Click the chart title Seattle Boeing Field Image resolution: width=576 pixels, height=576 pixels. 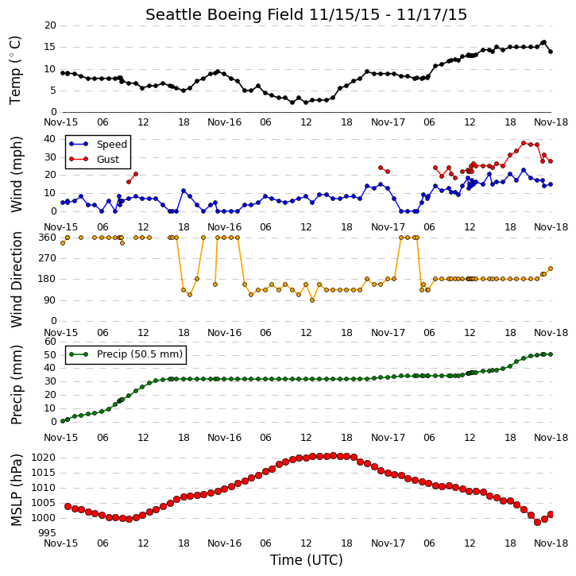(x=225, y=15)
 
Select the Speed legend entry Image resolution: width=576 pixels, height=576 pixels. (x=98, y=145)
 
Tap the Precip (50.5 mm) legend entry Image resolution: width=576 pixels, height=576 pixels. (x=126, y=354)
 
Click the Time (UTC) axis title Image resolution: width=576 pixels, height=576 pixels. (x=307, y=560)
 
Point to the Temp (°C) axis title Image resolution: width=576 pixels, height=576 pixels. (x=15, y=70)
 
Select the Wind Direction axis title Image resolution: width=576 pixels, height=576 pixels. (x=16, y=280)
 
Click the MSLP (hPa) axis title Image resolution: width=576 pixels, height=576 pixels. (x=16, y=490)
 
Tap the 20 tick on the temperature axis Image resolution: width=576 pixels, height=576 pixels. (x=50, y=25)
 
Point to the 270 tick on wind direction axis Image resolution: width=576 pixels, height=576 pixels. (x=48, y=258)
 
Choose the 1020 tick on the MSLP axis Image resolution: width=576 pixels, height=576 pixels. (x=44, y=458)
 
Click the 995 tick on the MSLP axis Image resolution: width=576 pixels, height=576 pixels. (x=48, y=532)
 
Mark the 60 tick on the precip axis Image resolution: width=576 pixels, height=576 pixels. (x=50, y=342)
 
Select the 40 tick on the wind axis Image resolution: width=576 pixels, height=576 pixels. (x=50, y=139)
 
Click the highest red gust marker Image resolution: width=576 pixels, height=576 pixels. (x=524, y=143)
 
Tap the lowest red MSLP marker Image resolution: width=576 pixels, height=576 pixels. (x=537, y=522)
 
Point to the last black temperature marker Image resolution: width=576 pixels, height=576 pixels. (x=551, y=52)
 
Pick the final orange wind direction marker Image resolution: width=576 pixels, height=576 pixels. (x=551, y=269)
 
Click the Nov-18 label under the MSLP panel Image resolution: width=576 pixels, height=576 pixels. (x=551, y=543)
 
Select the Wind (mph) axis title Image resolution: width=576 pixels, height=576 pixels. (x=16, y=174)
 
